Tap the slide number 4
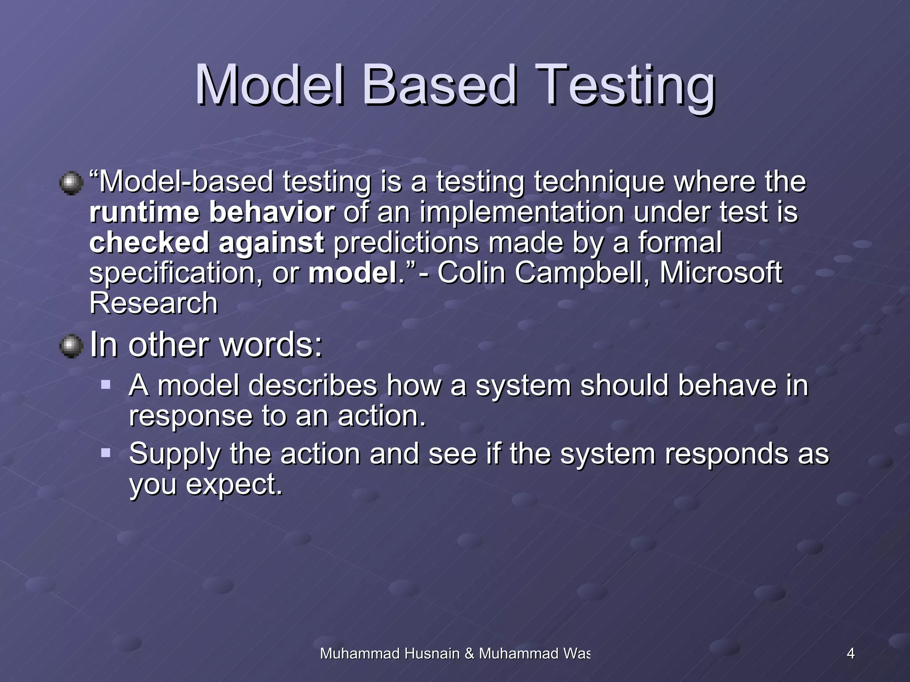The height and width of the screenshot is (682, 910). tap(850, 654)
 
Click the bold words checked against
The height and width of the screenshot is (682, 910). tap(207, 242)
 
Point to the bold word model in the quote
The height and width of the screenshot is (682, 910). tap(353, 273)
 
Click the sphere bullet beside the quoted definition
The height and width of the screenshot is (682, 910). tap(71, 183)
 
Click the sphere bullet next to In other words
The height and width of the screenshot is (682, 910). tap(71, 346)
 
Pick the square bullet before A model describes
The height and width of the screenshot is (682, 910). tap(106, 384)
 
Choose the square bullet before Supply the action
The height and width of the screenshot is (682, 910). tap(106, 453)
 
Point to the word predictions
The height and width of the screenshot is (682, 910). tap(406, 242)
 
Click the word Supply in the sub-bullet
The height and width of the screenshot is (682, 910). tap(174, 455)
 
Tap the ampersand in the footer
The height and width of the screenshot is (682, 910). tap(469, 654)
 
